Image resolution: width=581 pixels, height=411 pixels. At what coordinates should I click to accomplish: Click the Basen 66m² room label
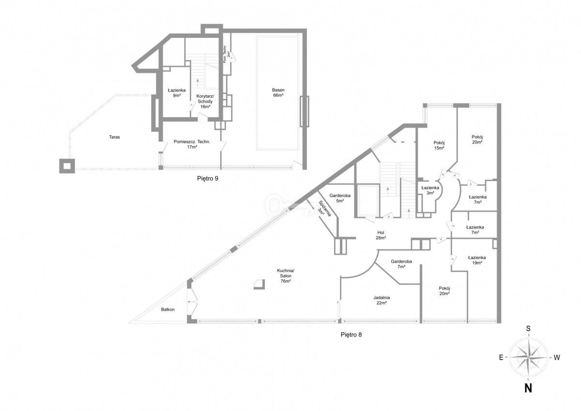tap(278, 92)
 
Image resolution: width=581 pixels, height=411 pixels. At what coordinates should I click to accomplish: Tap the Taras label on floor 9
tap(114, 137)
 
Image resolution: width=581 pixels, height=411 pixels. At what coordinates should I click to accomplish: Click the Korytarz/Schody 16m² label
tap(205, 101)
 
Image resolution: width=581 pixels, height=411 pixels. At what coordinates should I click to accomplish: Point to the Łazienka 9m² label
tap(174, 92)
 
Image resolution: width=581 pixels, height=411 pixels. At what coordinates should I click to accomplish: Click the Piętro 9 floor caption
tap(208, 178)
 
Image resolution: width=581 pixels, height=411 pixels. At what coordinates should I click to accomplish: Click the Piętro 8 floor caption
tap(351, 334)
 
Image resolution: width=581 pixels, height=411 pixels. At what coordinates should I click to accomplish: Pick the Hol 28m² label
tap(381, 235)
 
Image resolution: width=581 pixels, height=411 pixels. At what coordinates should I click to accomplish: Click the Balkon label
tap(168, 309)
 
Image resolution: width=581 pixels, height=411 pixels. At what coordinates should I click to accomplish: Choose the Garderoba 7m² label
tap(401, 264)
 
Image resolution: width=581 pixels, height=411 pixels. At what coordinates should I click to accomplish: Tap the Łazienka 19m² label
tap(477, 260)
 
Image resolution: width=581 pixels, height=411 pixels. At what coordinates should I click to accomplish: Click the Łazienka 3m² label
tap(430, 190)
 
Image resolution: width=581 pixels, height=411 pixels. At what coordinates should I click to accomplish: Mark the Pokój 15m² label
tap(439, 145)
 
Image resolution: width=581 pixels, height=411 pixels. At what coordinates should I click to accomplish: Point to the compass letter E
tap(502, 358)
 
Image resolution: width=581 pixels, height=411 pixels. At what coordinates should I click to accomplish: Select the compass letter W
tap(557, 358)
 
